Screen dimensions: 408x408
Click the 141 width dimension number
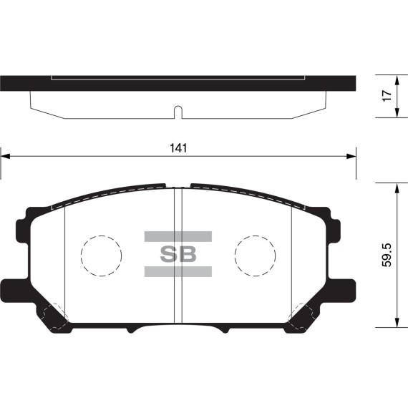(x=178, y=148)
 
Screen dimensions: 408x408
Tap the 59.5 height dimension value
(x=387, y=255)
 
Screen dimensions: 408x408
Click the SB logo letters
(x=178, y=254)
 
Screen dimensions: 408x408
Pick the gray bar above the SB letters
(x=178, y=236)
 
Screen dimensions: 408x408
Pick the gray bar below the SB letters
(x=178, y=271)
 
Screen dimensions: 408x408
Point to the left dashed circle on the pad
(x=101, y=255)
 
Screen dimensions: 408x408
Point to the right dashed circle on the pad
(x=256, y=255)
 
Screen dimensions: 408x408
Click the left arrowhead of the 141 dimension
(x=5, y=155)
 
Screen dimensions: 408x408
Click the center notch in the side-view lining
(x=178, y=112)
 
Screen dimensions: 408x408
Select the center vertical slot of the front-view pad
(x=178, y=254)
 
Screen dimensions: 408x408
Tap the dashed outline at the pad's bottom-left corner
(x=54, y=314)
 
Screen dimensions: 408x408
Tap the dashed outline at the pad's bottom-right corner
(x=302, y=314)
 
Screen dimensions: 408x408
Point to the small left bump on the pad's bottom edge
(x=131, y=329)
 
